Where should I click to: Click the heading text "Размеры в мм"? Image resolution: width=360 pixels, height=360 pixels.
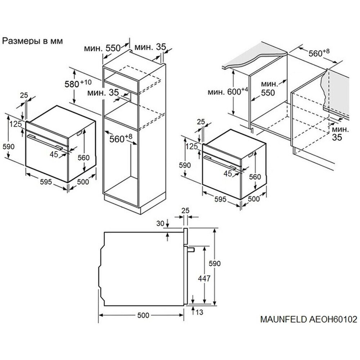click(32, 41)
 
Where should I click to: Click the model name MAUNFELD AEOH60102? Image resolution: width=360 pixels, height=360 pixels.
click(309, 319)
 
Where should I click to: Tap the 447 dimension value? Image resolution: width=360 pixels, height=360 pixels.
click(204, 279)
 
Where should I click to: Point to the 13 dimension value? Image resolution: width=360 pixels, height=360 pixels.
click(199, 312)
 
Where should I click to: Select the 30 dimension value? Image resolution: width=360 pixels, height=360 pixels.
click(160, 223)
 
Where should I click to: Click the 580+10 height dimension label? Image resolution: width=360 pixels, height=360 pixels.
click(78, 84)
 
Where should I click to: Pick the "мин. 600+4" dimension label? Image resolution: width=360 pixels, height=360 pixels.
click(228, 91)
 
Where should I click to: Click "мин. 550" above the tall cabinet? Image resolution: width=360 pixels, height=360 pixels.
click(102, 48)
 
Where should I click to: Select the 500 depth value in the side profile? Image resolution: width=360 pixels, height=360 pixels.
click(143, 315)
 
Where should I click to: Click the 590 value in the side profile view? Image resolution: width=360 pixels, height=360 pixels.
click(215, 264)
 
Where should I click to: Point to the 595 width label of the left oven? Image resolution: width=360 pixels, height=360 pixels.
click(46, 182)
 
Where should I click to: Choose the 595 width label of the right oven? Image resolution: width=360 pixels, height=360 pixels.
click(220, 199)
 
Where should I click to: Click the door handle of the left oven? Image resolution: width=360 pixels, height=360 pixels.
click(45, 142)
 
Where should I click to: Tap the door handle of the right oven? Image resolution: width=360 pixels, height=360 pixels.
click(220, 163)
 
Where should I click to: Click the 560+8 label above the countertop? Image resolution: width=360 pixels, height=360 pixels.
click(319, 53)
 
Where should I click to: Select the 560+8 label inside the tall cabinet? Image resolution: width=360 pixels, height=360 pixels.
click(121, 138)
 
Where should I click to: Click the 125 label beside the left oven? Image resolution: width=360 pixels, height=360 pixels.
click(15, 124)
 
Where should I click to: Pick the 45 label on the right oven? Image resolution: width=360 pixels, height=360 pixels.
click(228, 174)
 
